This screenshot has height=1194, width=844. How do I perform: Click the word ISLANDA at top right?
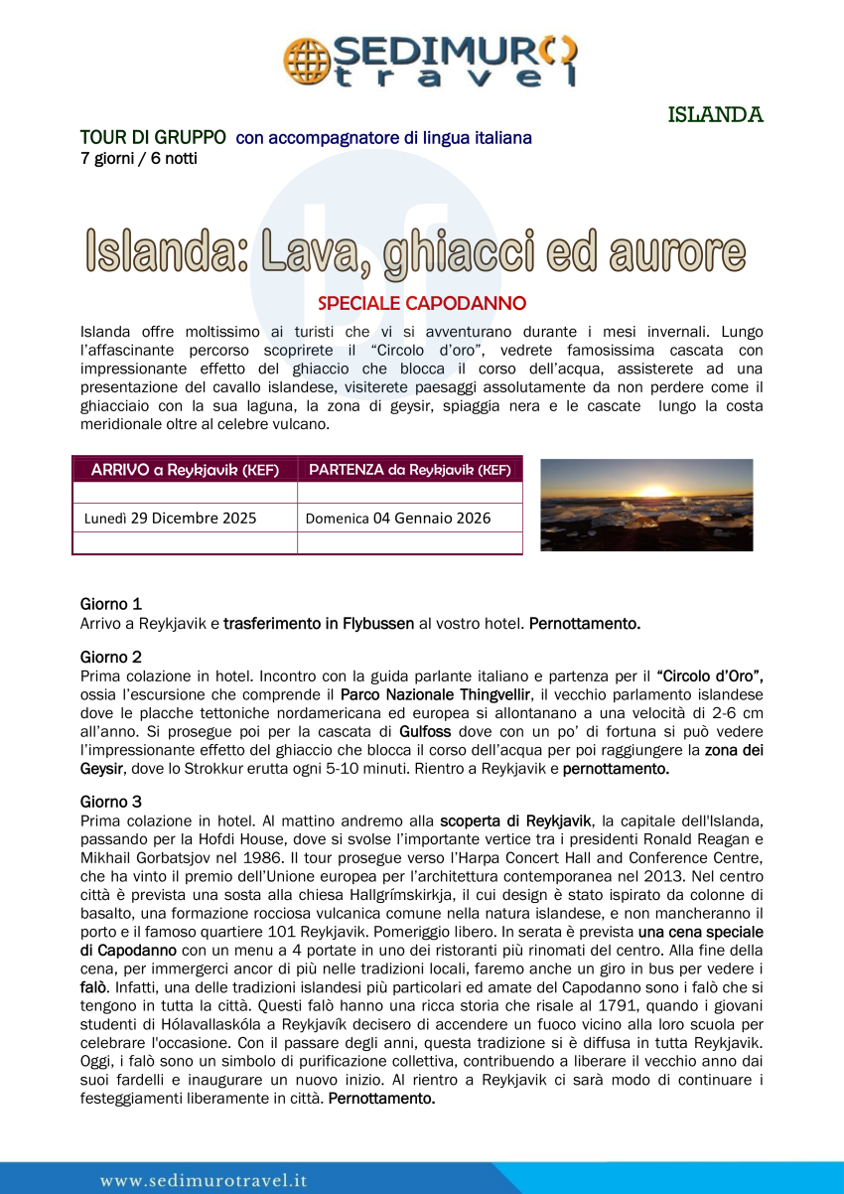click(x=715, y=114)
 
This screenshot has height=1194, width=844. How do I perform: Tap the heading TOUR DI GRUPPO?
click(x=153, y=138)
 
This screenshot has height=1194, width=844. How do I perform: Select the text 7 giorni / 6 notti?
click(x=139, y=158)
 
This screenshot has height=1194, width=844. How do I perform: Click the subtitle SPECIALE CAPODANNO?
click(x=422, y=303)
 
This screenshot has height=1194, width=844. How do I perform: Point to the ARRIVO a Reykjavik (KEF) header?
click(x=185, y=469)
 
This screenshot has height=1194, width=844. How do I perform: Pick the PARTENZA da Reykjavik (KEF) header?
click(x=410, y=469)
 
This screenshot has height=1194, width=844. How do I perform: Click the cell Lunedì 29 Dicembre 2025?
click(x=170, y=518)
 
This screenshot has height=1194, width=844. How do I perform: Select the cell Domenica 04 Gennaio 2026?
click(x=398, y=518)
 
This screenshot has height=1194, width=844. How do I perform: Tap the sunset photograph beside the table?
click(x=646, y=505)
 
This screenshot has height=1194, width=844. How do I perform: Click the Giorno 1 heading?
click(x=111, y=604)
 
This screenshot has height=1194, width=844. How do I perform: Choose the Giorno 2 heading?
click(x=111, y=657)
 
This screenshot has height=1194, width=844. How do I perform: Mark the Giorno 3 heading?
click(x=111, y=801)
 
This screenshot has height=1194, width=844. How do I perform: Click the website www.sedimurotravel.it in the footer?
click(x=204, y=1180)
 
